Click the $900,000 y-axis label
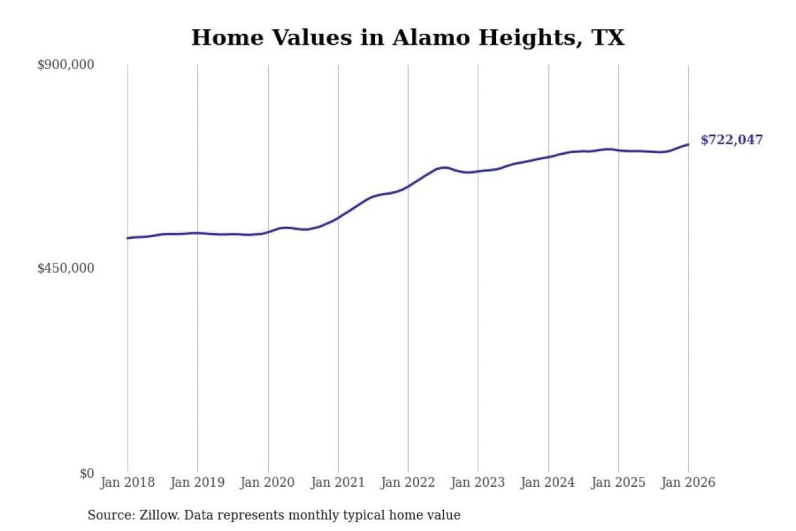[x=66, y=65]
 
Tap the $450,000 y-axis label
[x=66, y=268]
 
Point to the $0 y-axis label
[x=87, y=473]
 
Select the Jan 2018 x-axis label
[x=127, y=482]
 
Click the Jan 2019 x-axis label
[x=197, y=482]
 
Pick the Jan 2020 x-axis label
[x=268, y=482]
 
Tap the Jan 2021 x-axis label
[x=338, y=482]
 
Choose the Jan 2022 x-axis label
[x=408, y=482]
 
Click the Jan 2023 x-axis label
[x=478, y=482]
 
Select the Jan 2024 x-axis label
[x=548, y=482]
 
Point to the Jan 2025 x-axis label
[x=618, y=482]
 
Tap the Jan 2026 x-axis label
[x=688, y=482]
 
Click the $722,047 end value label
[x=732, y=140]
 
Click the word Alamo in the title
[x=431, y=38]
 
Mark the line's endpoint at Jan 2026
[x=688, y=144]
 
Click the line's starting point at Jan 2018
[x=128, y=238]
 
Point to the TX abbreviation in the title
[x=608, y=38]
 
